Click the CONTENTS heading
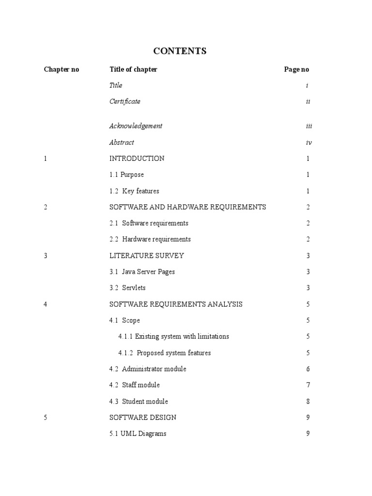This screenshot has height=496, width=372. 180,51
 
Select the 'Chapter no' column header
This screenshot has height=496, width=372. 62,69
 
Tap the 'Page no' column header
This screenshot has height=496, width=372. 296,69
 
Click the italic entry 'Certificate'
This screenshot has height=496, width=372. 125,101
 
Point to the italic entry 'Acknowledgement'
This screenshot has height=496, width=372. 136,126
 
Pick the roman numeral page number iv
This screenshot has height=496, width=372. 309,142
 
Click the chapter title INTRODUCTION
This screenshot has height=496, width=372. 137,158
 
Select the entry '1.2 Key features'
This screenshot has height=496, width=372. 134,191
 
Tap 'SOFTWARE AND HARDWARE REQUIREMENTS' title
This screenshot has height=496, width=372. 188,207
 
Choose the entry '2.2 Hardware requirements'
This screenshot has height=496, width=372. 150,239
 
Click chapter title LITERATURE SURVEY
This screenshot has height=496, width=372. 147,255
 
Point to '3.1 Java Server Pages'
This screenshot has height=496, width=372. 142,272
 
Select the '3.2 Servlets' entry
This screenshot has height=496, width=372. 127,288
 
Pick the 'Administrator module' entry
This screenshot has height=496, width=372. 148,369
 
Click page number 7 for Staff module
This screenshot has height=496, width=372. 308,385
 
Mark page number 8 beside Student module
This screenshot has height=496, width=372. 308,401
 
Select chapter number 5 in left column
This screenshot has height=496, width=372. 46,418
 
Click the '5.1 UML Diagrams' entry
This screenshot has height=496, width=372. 138,434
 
